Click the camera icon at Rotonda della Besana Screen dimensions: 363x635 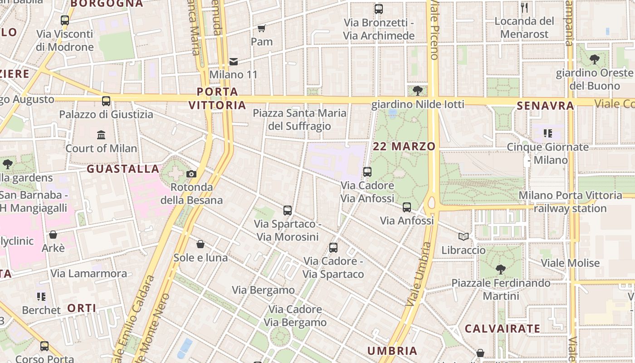[191, 174]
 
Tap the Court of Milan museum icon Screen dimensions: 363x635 [101, 135]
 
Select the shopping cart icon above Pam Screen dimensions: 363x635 [262, 29]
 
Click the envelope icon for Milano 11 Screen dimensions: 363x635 [234, 61]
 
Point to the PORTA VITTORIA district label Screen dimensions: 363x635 [217, 98]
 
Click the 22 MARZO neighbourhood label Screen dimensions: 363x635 [404, 147]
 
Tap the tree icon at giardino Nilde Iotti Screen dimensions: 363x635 [418, 91]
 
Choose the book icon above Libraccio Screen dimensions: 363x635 [463, 237]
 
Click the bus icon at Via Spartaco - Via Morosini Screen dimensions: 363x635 [288, 211]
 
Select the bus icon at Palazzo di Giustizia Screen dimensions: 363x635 [106, 101]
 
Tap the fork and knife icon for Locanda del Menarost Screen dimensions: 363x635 [524, 8]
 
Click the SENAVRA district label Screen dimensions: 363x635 [546, 106]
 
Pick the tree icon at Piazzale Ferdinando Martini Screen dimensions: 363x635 [501, 270]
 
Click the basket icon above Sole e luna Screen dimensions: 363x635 [200, 245]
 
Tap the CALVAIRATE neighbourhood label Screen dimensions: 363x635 [503, 329]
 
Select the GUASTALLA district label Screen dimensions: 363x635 [123, 169]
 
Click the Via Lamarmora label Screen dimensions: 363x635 [89, 274]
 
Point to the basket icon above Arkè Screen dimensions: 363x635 [53, 235]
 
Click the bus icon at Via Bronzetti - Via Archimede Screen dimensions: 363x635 [379, 9]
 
